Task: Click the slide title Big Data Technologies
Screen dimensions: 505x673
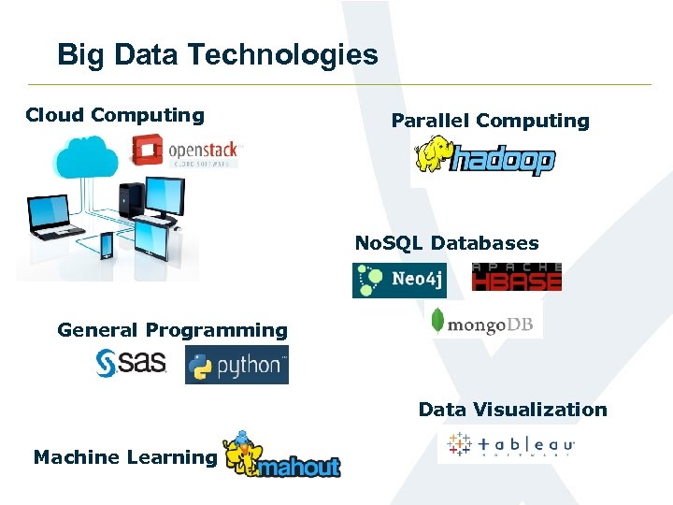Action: (x=217, y=54)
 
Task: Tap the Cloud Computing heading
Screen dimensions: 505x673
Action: (x=115, y=115)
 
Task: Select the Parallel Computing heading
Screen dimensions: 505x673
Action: (x=490, y=121)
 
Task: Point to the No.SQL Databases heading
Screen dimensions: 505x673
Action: (x=447, y=243)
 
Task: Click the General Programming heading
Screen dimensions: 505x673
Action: (x=172, y=330)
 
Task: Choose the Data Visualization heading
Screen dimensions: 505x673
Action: (x=512, y=410)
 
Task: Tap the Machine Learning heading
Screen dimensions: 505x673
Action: (x=124, y=457)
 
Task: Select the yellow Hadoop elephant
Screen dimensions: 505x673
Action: (x=433, y=154)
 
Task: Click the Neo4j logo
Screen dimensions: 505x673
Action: (x=399, y=281)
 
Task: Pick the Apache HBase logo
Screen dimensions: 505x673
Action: (x=517, y=277)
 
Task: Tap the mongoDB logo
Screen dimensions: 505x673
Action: (x=482, y=324)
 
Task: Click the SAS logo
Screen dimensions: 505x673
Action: (x=131, y=363)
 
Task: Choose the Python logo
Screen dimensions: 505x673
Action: (x=236, y=366)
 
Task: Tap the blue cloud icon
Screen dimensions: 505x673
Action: (x=86, y=157)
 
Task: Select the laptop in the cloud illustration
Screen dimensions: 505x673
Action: (x=50, y=217)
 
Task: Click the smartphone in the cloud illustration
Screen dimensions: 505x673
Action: (x=107, y=245)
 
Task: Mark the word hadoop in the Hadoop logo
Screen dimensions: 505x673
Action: (x=504, y=161)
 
